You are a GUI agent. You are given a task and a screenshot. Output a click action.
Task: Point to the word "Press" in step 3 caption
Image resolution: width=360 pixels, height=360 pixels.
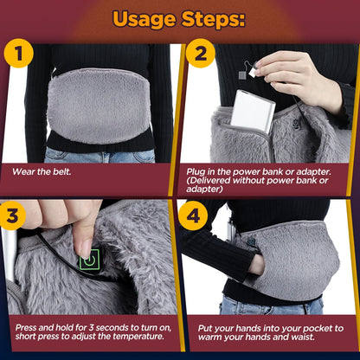click(25, 329)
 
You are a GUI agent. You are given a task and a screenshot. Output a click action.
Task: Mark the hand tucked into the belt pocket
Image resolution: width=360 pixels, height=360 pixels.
click(256, 264)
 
